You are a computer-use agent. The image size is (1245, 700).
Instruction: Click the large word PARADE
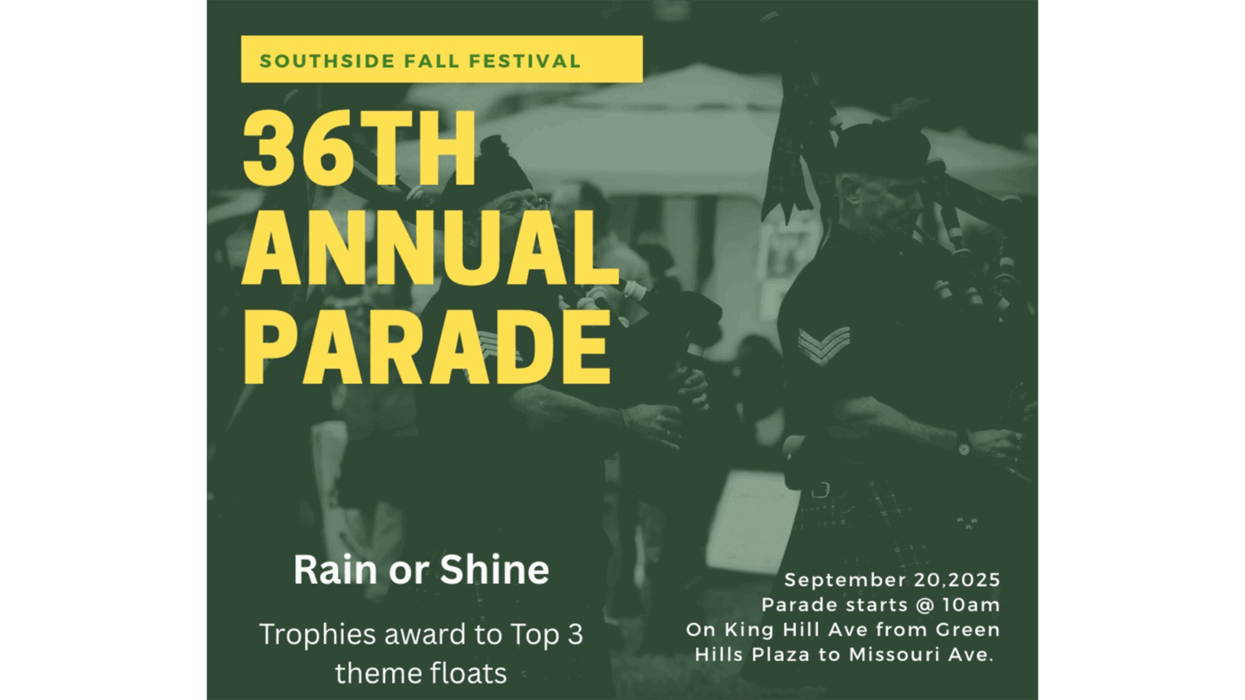click(427, 347)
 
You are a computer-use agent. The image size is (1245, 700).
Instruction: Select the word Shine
click(494, 570)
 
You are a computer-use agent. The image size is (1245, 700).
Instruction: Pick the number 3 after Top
click(575, 634)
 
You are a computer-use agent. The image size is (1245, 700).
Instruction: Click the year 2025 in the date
click(974, 580)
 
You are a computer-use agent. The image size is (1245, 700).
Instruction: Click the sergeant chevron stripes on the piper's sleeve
click(824, 344)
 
